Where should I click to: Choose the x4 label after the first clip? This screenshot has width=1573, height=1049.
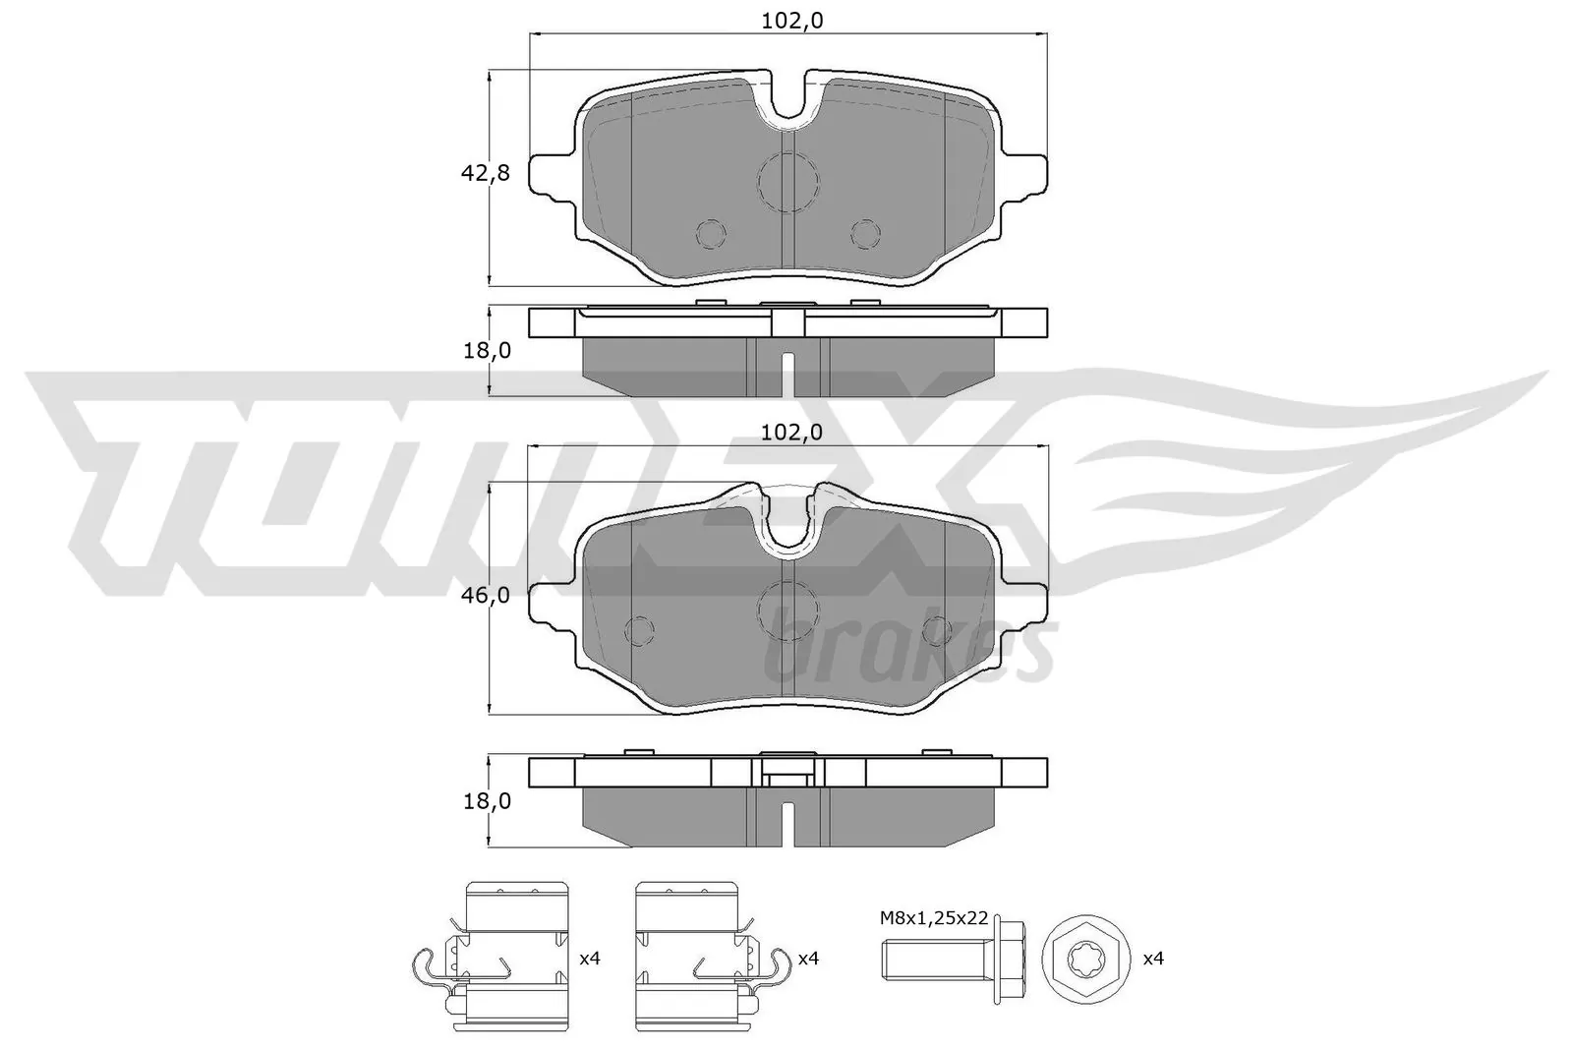pyautogui.click(x=589, y=957)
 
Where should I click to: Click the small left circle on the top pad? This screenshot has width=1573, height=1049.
pyautogui.click(x=711, y=234)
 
